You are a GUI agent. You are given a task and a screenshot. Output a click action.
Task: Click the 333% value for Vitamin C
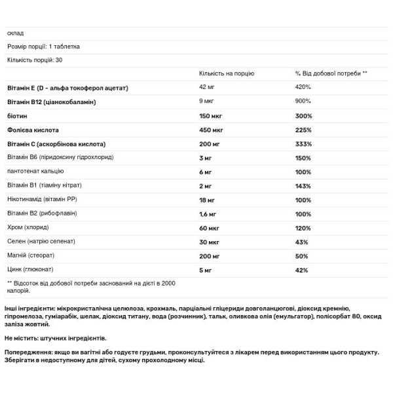click(x=303, y=144)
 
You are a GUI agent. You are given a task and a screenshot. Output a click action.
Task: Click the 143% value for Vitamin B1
click(x=303, y=187)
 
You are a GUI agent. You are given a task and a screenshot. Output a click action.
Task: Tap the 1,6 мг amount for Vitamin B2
click(x=208, y=215)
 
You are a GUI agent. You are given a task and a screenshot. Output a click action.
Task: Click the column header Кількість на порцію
click(x=227, y=73)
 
